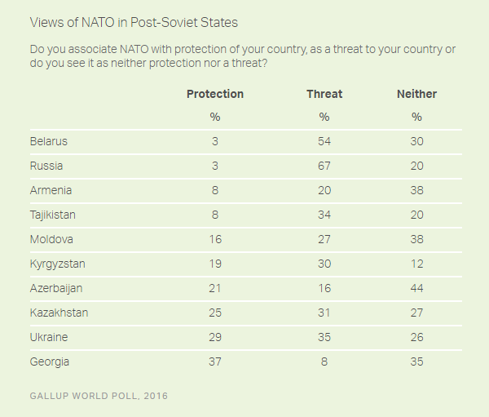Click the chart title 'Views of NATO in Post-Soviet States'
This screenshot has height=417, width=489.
click(134, 23)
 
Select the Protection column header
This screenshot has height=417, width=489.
click(215, 94)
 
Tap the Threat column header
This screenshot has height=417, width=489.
click(324, 94)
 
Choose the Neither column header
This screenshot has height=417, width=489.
click(416, 94)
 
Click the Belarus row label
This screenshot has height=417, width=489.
click(48, 141)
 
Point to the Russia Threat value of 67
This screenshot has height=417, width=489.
click(324, 166)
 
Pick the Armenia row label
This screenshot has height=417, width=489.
click(51, 190)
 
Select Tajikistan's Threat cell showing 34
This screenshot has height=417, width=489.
click(324, 215)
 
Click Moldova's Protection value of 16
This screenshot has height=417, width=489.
click(215, 239)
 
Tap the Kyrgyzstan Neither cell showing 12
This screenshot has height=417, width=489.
click(416, 264)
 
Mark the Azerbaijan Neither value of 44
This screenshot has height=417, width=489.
click(416, 288)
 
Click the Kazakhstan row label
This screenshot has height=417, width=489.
click(59, 313)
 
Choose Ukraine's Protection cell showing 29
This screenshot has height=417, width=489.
click(215, 337)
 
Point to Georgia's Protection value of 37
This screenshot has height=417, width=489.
click(215, 362)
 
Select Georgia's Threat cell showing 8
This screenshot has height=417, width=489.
click(324, 362)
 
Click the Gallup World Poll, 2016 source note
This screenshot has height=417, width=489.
click(99, 396)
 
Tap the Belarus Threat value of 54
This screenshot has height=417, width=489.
click(324, 141)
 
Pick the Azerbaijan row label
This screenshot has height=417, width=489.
click(56, 288)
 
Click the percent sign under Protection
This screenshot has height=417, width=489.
click(215, 118)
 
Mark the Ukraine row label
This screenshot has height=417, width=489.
click(48, 337)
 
